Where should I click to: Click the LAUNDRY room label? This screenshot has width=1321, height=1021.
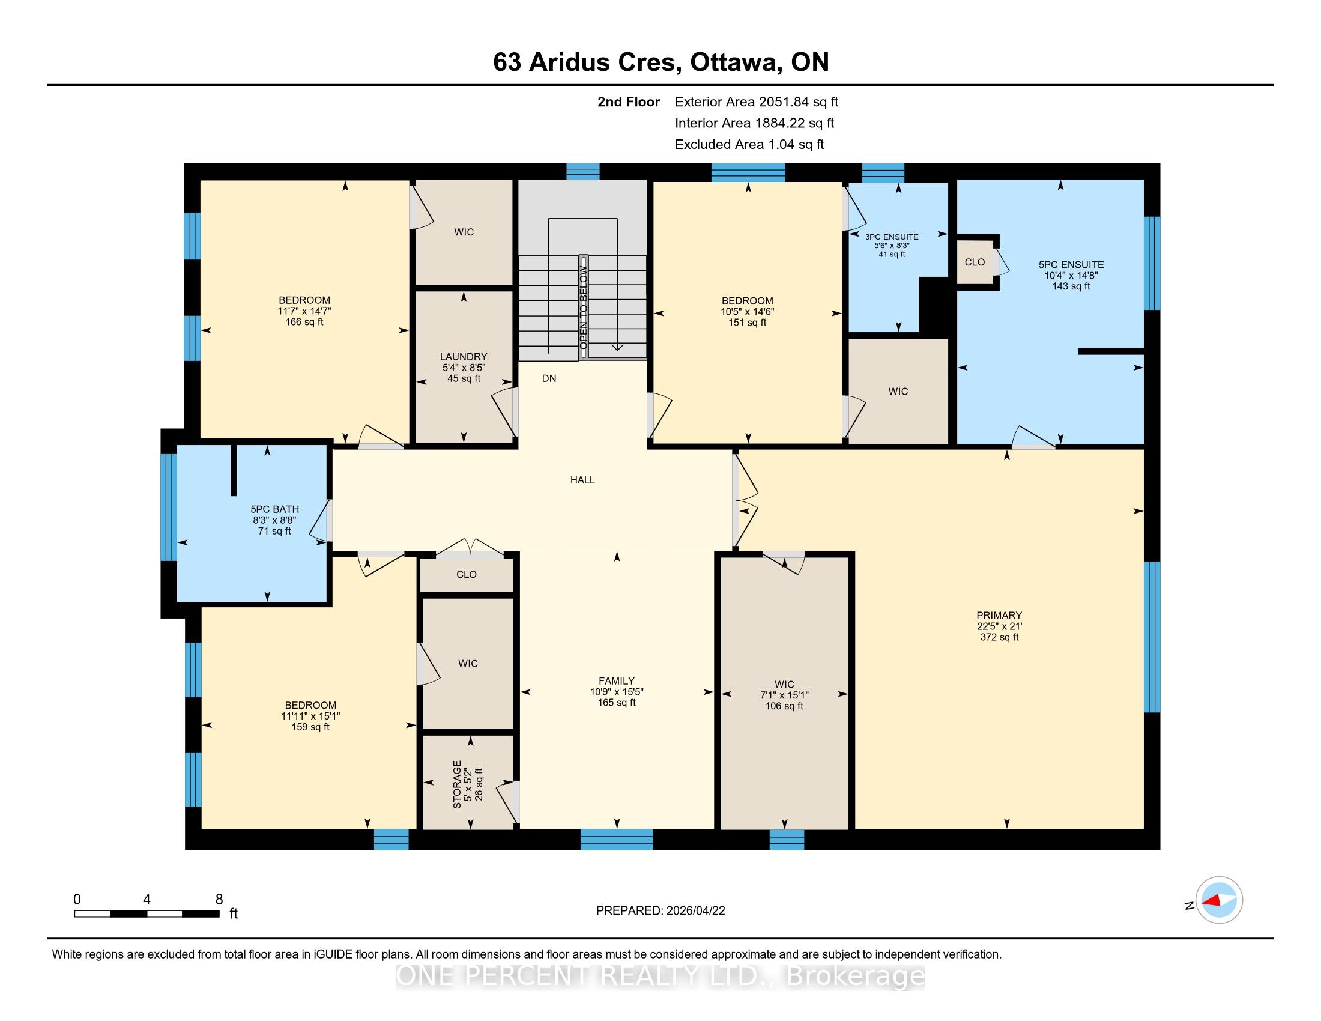click(464, 357)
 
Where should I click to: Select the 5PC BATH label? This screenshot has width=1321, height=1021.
click(274, 509)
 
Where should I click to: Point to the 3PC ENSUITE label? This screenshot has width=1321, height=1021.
click(892, 237)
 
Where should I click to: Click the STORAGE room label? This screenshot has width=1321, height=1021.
click(458, 784)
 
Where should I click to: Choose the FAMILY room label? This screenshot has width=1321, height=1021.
click(616, 681)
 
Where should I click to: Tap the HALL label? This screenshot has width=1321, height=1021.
click(582, 480)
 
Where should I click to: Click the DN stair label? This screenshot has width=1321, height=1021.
click(549, 378)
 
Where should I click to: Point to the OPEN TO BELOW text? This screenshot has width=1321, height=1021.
click(584, 308)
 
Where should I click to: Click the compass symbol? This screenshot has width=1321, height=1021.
click(1219, 900)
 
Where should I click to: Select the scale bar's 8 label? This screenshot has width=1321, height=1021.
click(219, 899)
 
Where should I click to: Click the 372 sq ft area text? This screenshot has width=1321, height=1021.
click(1000, 637)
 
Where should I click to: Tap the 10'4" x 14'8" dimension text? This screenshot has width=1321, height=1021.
click(1071, 275)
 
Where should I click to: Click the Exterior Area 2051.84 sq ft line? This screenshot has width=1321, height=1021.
click(757, 101)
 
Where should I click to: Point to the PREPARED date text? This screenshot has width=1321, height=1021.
click(660, 911)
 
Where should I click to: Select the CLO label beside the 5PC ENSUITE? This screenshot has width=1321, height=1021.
click(975, 262)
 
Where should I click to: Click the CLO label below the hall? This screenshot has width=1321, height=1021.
click(467, 575)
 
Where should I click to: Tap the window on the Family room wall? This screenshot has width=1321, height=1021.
click(616, 840)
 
